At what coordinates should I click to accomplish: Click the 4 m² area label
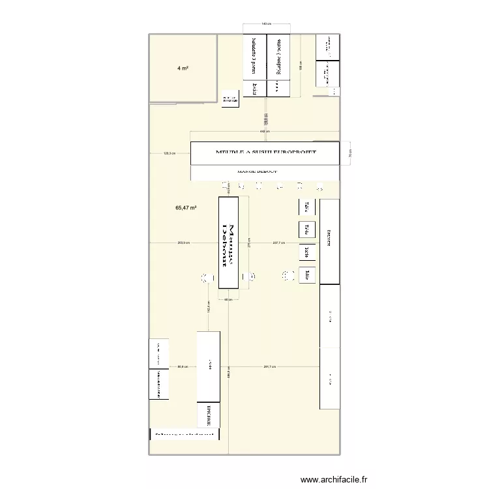183,68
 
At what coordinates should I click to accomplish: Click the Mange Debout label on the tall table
229,243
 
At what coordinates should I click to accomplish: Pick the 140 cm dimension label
265,24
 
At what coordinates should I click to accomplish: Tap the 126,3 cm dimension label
170,154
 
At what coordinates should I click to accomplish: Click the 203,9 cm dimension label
183,243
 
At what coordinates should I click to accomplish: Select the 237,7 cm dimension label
278,243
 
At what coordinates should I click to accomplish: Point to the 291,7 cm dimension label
270,367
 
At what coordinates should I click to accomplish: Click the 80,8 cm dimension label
182,367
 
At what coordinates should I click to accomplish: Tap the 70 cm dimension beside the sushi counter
350,156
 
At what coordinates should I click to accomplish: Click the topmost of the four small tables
306,207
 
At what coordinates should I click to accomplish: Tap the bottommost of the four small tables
306,275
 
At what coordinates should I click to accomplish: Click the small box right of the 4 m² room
230,98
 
